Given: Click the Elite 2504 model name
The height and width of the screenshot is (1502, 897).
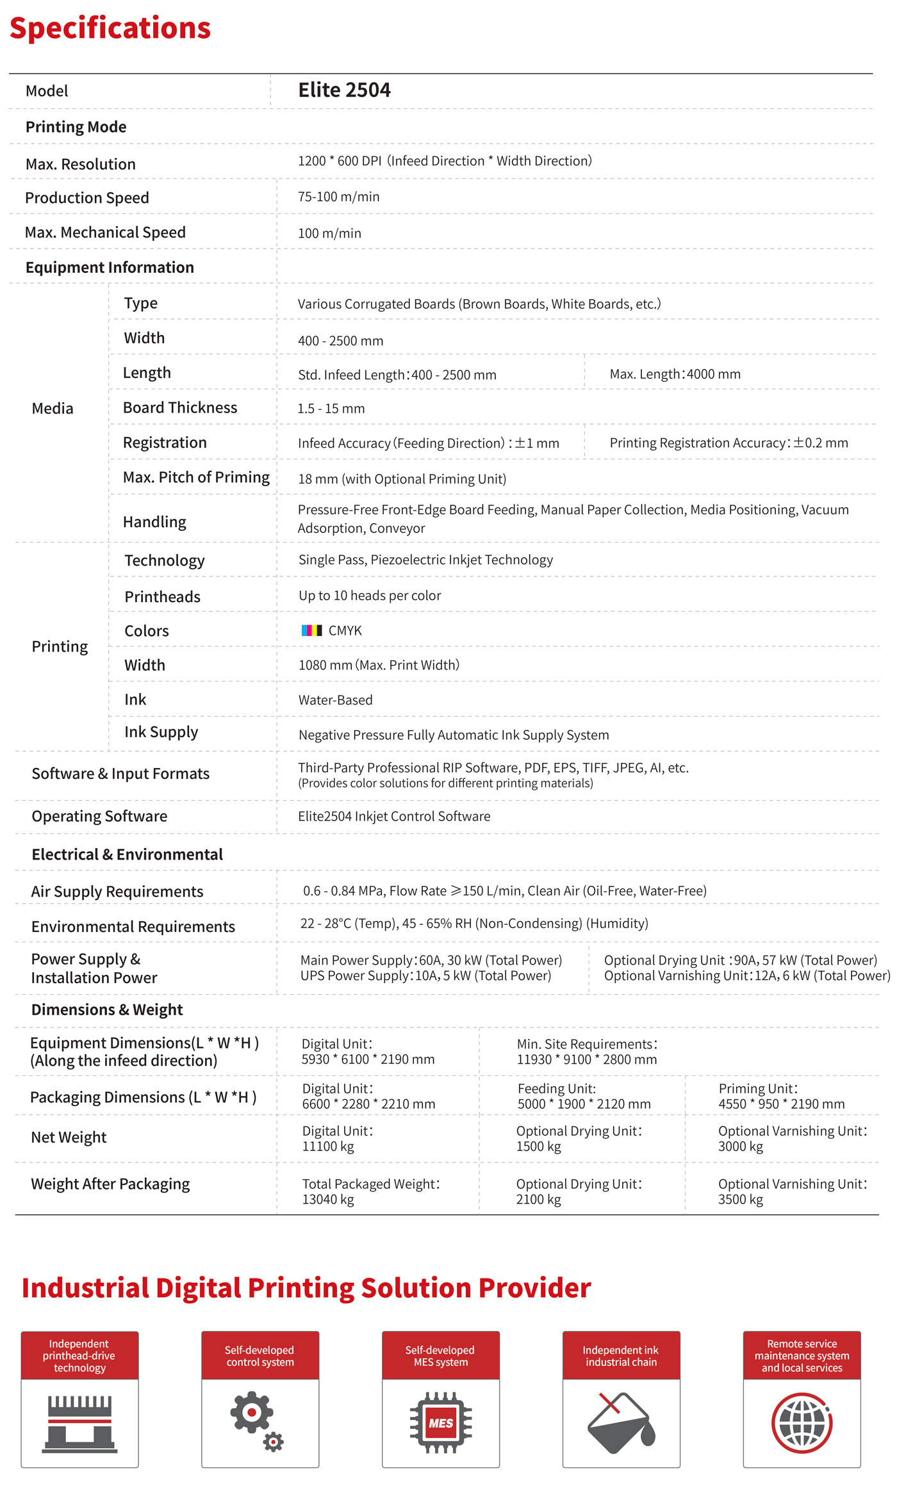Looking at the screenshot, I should (344, 90).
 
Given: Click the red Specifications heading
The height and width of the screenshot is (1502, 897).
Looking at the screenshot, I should (110, 28).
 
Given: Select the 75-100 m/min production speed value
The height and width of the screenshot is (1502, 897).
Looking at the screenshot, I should (338, 197).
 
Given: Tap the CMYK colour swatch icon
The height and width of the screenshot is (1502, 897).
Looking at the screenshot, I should (311, 630).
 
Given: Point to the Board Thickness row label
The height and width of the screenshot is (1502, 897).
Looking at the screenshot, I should (179, 407).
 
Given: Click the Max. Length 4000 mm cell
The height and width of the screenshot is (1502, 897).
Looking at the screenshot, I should (675, 374).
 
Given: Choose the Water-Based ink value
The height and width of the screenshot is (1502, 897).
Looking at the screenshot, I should (335, 700).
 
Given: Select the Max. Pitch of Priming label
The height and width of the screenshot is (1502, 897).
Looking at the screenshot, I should (196, 477).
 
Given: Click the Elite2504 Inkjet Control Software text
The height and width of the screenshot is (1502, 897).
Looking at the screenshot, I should (393, 816).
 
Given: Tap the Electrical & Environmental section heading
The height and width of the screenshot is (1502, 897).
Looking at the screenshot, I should (127, 854).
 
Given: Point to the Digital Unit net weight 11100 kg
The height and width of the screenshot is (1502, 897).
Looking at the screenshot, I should (337, 1139).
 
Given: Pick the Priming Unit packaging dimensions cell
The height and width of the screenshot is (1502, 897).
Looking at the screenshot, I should (781, 1096).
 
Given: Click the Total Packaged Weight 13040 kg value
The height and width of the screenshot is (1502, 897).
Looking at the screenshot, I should (370, 1191).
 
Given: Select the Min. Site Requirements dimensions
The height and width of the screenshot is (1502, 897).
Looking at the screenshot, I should (586, 1052).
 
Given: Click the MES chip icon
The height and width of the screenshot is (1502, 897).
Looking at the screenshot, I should (441, 1423).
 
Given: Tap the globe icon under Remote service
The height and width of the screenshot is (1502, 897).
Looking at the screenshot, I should (802, 1423).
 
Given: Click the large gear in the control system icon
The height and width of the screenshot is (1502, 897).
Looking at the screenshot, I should (252, 1412).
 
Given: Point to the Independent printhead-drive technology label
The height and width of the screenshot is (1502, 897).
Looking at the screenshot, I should (79, 1355).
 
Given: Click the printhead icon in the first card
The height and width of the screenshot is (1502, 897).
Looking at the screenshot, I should (79, 1423).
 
